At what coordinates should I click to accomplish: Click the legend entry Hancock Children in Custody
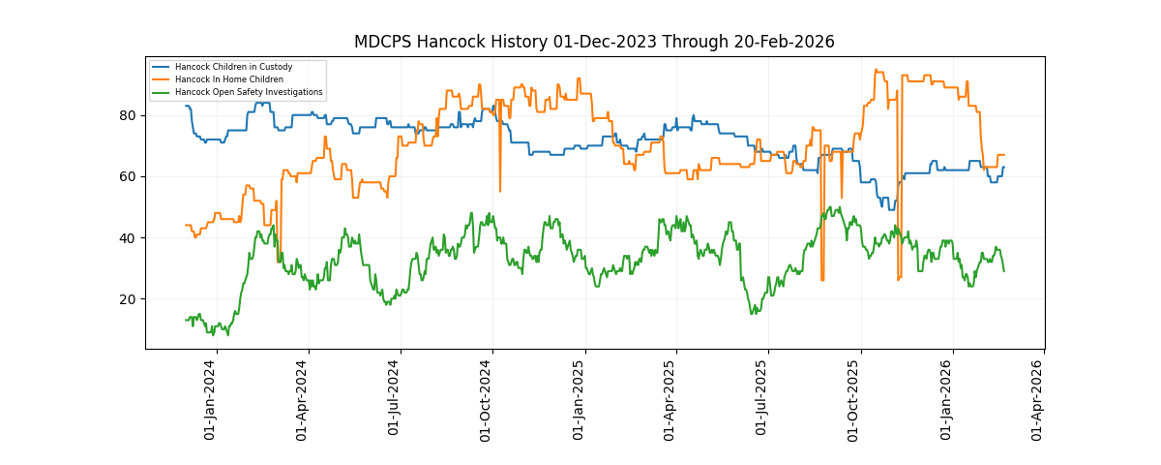click(x=233, y=67)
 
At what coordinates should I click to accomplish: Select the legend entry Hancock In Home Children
click(x=229, y=79)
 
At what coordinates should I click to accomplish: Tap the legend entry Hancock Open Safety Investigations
click(x=249, y=92)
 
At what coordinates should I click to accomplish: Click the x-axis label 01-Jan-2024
click(x=211, y=399)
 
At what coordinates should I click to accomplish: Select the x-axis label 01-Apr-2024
click(x=303, y=399)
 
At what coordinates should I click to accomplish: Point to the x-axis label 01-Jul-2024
click(x=395, y=399)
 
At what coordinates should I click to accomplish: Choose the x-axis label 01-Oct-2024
click(x=487, y=399)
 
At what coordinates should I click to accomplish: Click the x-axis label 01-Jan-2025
click(x=580, y=399)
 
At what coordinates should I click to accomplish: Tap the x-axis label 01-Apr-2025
click(x=670, y=399)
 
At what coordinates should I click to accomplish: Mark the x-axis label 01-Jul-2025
click(x=762, y=399)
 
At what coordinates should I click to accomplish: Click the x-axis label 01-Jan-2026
click(x=947, y=399)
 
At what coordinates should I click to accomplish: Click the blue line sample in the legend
click(x=161, y=67)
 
